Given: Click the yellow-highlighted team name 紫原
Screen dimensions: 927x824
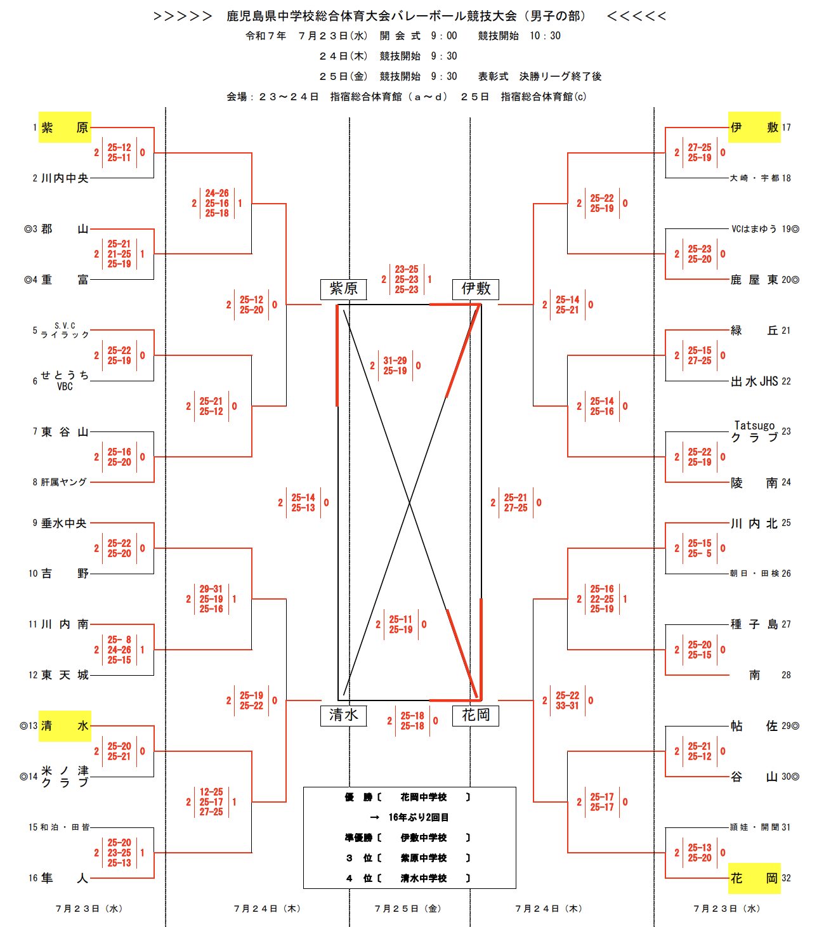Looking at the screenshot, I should click(x=65, y=127).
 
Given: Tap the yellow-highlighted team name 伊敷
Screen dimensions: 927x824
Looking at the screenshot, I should click(x=754, y=127).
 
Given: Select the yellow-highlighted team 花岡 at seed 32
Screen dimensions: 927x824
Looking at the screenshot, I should click(x=754, y=878).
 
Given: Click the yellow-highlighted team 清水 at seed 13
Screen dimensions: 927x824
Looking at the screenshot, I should click(x=65, y=726).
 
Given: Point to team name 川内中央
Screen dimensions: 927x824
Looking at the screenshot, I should click(x=65, y=178).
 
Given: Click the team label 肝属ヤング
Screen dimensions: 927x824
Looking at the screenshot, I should click(x=65, y=482).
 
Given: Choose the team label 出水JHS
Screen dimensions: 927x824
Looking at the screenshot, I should click(x=754, y=381).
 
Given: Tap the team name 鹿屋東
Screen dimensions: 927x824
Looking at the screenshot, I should click(x=754, y=280).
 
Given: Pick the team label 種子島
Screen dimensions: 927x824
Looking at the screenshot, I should click(x=754, y=624).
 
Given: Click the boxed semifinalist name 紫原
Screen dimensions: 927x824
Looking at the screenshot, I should click(x=344, y=289).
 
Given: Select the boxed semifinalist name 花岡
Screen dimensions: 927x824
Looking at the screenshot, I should click(x=476, y=715).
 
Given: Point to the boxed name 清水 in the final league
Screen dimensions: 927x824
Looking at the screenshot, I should click(x=344, y=715).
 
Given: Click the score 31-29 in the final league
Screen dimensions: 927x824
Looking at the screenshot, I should click(x=395, y=360).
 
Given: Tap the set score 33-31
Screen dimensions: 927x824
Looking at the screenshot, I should click(x=567, y=706).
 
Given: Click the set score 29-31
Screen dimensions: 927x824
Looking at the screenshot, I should click(x=211, y=589).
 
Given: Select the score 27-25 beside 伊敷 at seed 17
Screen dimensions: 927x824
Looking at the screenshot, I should click(x=700, y=147).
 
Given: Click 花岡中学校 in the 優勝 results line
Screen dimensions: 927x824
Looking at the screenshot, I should click(x=423, y=797).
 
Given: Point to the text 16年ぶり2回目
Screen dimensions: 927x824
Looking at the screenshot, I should click(x=418, y=817).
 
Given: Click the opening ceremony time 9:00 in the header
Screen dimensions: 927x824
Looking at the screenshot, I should click(x=443, y=36).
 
